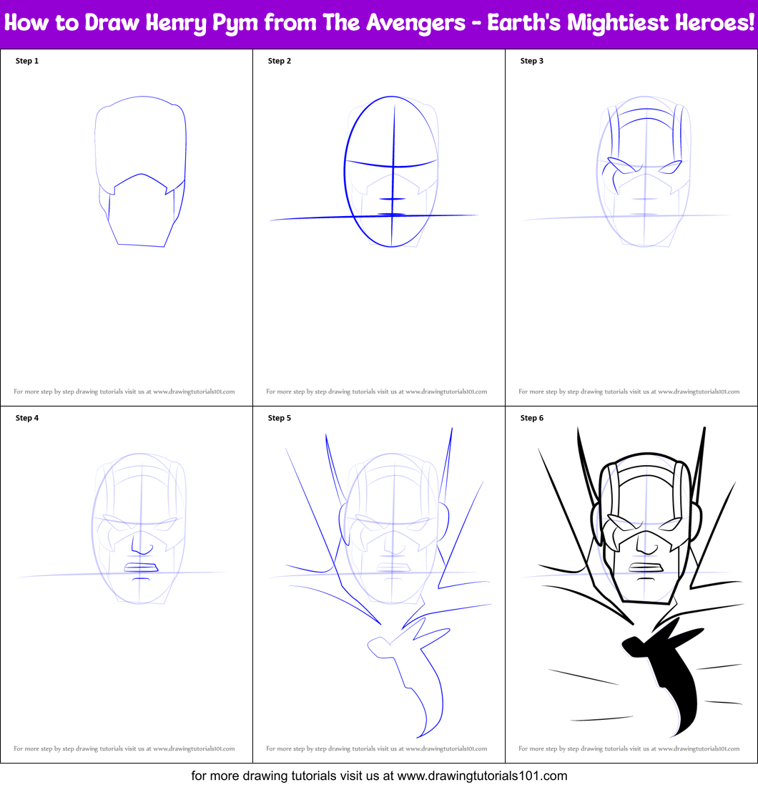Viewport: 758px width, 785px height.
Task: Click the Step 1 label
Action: coord(27,61)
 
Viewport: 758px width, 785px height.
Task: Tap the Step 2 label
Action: coord(280,61)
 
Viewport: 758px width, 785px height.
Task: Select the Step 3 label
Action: coord(532,61)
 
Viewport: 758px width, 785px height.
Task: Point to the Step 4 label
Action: coord(27,418)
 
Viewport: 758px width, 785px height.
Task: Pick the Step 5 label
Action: coord(280,418)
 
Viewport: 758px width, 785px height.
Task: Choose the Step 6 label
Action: coord(532,418)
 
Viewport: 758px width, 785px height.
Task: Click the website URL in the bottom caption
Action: coord(481,776)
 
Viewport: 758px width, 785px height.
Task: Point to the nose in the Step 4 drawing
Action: coord(142,545)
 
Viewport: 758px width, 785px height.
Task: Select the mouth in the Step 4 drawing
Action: coord(141,568)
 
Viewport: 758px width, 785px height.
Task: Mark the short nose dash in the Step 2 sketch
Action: coord(392,199)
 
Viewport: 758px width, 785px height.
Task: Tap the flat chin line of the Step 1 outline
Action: coord(141,245)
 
